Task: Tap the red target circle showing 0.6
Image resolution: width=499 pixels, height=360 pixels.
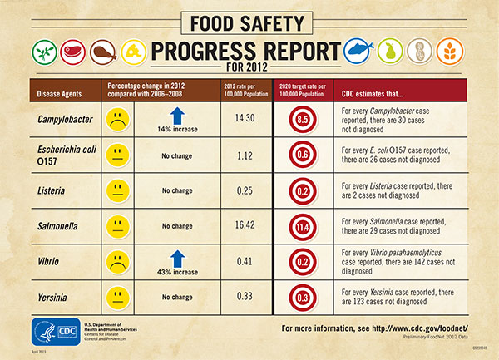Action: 304,155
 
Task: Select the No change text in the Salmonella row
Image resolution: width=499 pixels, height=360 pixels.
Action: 176,226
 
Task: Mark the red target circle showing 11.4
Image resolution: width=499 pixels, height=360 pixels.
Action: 304,225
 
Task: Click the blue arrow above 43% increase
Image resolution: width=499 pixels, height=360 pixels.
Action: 175,254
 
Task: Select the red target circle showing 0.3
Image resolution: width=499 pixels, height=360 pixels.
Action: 304,296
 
